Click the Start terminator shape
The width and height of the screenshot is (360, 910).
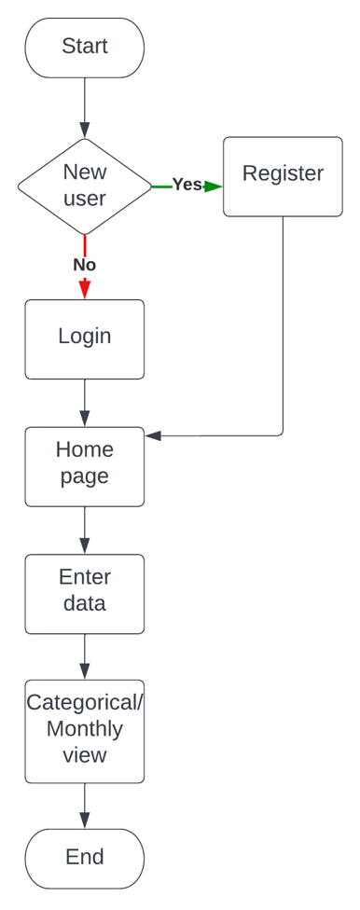point(84,47)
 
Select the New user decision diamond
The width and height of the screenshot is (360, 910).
point(84,186)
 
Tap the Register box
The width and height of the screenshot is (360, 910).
point(283,176)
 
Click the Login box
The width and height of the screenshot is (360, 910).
point(84,338)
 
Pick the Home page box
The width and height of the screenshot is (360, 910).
point(84,466)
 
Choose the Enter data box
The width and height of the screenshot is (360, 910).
point(84,593)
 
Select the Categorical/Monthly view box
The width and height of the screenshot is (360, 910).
point(84,731)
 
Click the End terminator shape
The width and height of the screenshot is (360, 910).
point(84,858)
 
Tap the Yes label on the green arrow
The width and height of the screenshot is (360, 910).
point(187,186)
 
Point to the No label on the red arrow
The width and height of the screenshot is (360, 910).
point(84,266)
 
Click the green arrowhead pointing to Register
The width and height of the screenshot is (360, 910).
point(214,186)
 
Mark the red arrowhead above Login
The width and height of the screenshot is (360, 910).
point(85,290)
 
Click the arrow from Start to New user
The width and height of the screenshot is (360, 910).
point(85,107)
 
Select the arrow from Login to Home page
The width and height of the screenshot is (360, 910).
point(85,403)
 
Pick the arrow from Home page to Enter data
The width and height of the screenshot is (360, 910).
point(85,530)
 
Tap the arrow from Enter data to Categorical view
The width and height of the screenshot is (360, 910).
point(85,656)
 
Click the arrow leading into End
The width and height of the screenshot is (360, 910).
point(85,806)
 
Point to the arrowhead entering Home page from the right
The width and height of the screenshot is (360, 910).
point(154,435)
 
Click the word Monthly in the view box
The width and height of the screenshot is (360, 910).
point(84,729)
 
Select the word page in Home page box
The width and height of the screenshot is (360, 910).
point(84,476)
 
